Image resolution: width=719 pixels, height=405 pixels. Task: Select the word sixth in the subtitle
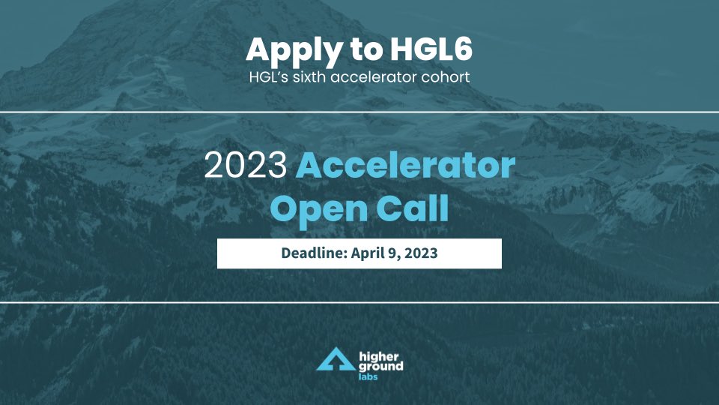[x=312, y=76]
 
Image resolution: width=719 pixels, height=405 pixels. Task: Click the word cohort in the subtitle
[x=447, y=76]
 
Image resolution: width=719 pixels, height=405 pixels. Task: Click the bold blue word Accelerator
[x=404, y=166]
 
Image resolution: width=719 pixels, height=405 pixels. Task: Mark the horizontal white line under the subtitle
[x=359, y=112]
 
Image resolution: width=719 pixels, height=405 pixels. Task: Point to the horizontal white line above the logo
[x=359, y=303]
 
